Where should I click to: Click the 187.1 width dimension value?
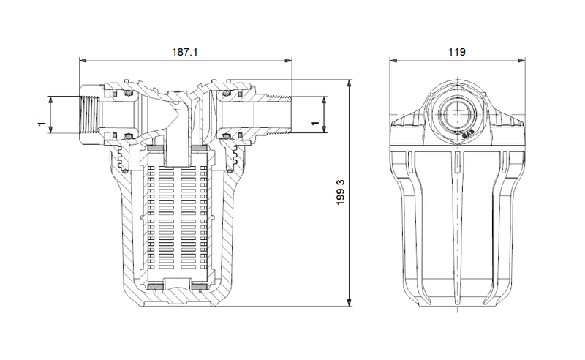tap(185, 52)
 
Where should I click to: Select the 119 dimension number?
tap(458, 52)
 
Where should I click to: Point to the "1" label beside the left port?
tap(41, 125)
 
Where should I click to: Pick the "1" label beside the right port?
tap(315, 125)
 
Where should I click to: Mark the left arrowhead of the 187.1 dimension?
tap(82, 61)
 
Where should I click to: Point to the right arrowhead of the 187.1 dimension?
tap(287, 61)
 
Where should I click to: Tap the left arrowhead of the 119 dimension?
tap(393, 61)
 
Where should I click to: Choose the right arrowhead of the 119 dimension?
tap(522, 61)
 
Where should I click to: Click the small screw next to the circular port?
tap(469, 133)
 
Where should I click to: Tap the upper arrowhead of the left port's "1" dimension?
tap(52, 99)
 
